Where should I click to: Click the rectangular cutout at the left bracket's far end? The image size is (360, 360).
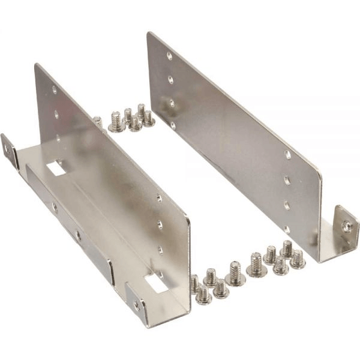coord(56,168)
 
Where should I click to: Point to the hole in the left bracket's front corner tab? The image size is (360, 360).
coord(138,304)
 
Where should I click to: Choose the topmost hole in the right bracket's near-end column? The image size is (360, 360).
coord(288,155)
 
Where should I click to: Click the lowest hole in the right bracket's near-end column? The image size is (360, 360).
coord(287,229)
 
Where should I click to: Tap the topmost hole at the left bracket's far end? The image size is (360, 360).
coord(55,90)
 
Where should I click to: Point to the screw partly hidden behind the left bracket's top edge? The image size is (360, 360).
coord(98,122)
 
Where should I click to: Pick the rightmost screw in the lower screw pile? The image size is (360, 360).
coord(298,260)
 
